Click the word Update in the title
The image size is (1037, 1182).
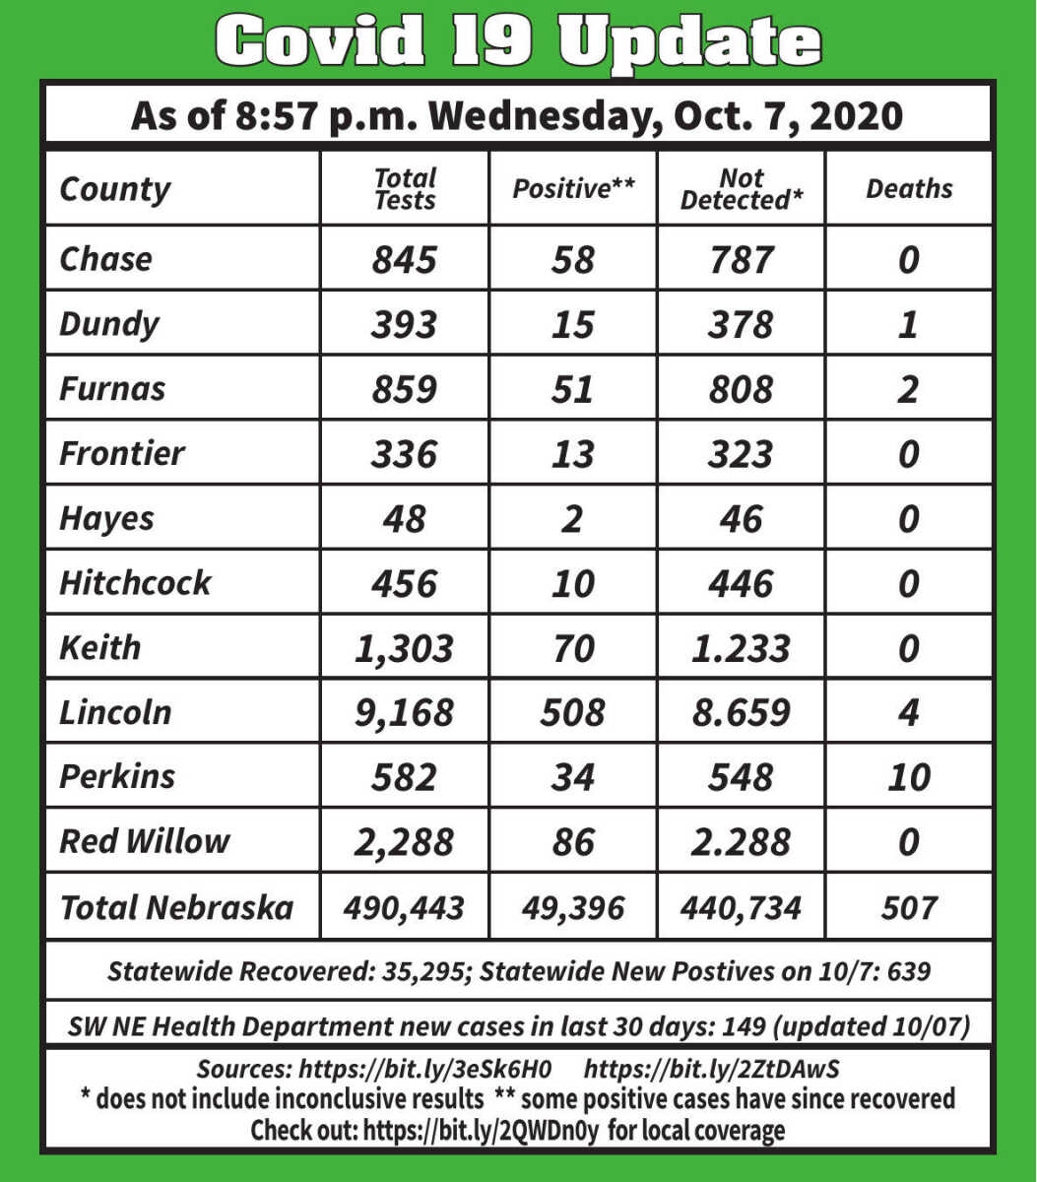(x=689, y=42)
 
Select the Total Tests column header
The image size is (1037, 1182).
(x=405, y=188)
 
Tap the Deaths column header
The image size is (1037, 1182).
(x=909, y=188)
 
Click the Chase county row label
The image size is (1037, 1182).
(x=106, y=258)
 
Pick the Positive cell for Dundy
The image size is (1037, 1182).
(x=572, y=324)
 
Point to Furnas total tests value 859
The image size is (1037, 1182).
(x=404, y=389)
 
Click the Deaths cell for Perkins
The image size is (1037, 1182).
(x=908, y=777)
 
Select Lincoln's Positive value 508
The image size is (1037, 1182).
(x=572, y=712)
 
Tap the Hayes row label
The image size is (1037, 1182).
(x=106, y=518)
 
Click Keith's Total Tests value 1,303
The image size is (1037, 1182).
(x=404, y=648)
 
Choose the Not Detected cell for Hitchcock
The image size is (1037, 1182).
(x=741, y=583)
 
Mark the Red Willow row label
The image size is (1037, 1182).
(x=144, y=841)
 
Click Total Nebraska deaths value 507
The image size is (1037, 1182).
(x=908, y=907)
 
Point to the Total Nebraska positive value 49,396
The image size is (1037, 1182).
(x=572, y=907)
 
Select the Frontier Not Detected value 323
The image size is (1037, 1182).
(x=741, y=454)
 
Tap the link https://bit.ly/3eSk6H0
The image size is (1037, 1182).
(x=424, y=1069)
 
